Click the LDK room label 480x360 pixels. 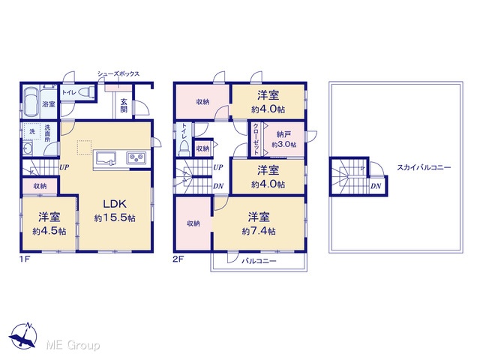pyautogui.click(x=115, y=203)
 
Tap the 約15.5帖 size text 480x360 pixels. pyautogui.click(x=115, y=218)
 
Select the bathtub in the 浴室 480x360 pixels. pyautogui.click(x=30, y=103)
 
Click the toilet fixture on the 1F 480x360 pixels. pyautogui.click(x=86, y=91)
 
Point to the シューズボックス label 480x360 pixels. pyautogui.click(x=118, y=73)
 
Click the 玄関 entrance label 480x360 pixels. pyautogui.click(x=124, y=105)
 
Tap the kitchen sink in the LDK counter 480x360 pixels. pyautogui.click(x=106, y=158)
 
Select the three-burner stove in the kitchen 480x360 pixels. pyautogui.click(x=136, y=157)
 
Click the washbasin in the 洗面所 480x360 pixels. pyautogui.click(x=28, y=149)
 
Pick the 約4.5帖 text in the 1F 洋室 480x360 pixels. pyautogui.click(x=49, y=231)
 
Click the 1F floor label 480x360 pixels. pyautogui.click(x=25, y=259)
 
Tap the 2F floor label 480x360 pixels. pyautogui.click(x=178, y=259)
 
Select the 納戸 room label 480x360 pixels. pyautogui.click(x=283, y=134)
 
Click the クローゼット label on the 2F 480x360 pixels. pyautogui.click(x=256, y=139)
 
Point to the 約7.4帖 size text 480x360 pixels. pyautogui.click(x=259, y=231)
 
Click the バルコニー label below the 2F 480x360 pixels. pyautogui.click(x=259, y=261)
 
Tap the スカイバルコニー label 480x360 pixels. pyautogui.click(x=424, y=167)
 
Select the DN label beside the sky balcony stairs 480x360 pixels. pyautogui.click(x=376, y=186)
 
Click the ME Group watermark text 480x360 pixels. pyautogui.click(x=73, y=345)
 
